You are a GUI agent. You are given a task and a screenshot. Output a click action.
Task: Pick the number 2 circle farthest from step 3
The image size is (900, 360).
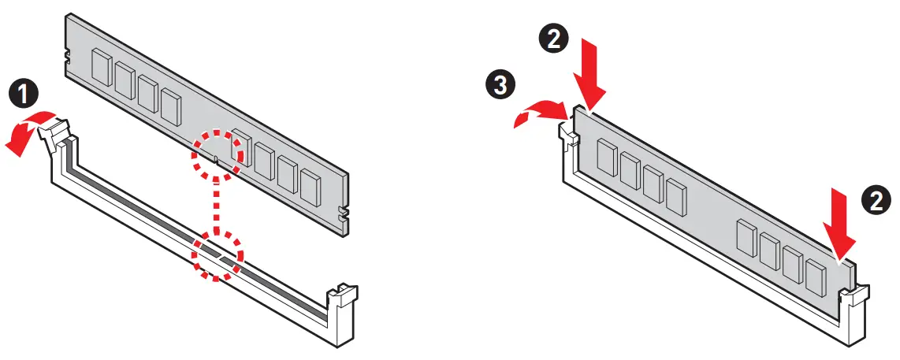click(875, 202)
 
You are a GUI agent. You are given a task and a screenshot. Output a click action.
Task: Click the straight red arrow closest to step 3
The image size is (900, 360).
click(589, 76)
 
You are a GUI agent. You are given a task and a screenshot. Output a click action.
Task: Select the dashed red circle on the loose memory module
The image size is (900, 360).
click(216, 154)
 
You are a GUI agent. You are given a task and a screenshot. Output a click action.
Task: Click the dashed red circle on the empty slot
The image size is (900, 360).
click(218, 254)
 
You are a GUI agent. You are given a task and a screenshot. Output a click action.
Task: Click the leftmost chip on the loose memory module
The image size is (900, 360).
click(102, 67)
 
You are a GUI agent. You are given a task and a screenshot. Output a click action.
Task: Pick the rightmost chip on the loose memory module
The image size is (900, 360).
click(311, 186)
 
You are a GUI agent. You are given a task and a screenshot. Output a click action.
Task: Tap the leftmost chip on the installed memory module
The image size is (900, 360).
click(605, 156)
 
